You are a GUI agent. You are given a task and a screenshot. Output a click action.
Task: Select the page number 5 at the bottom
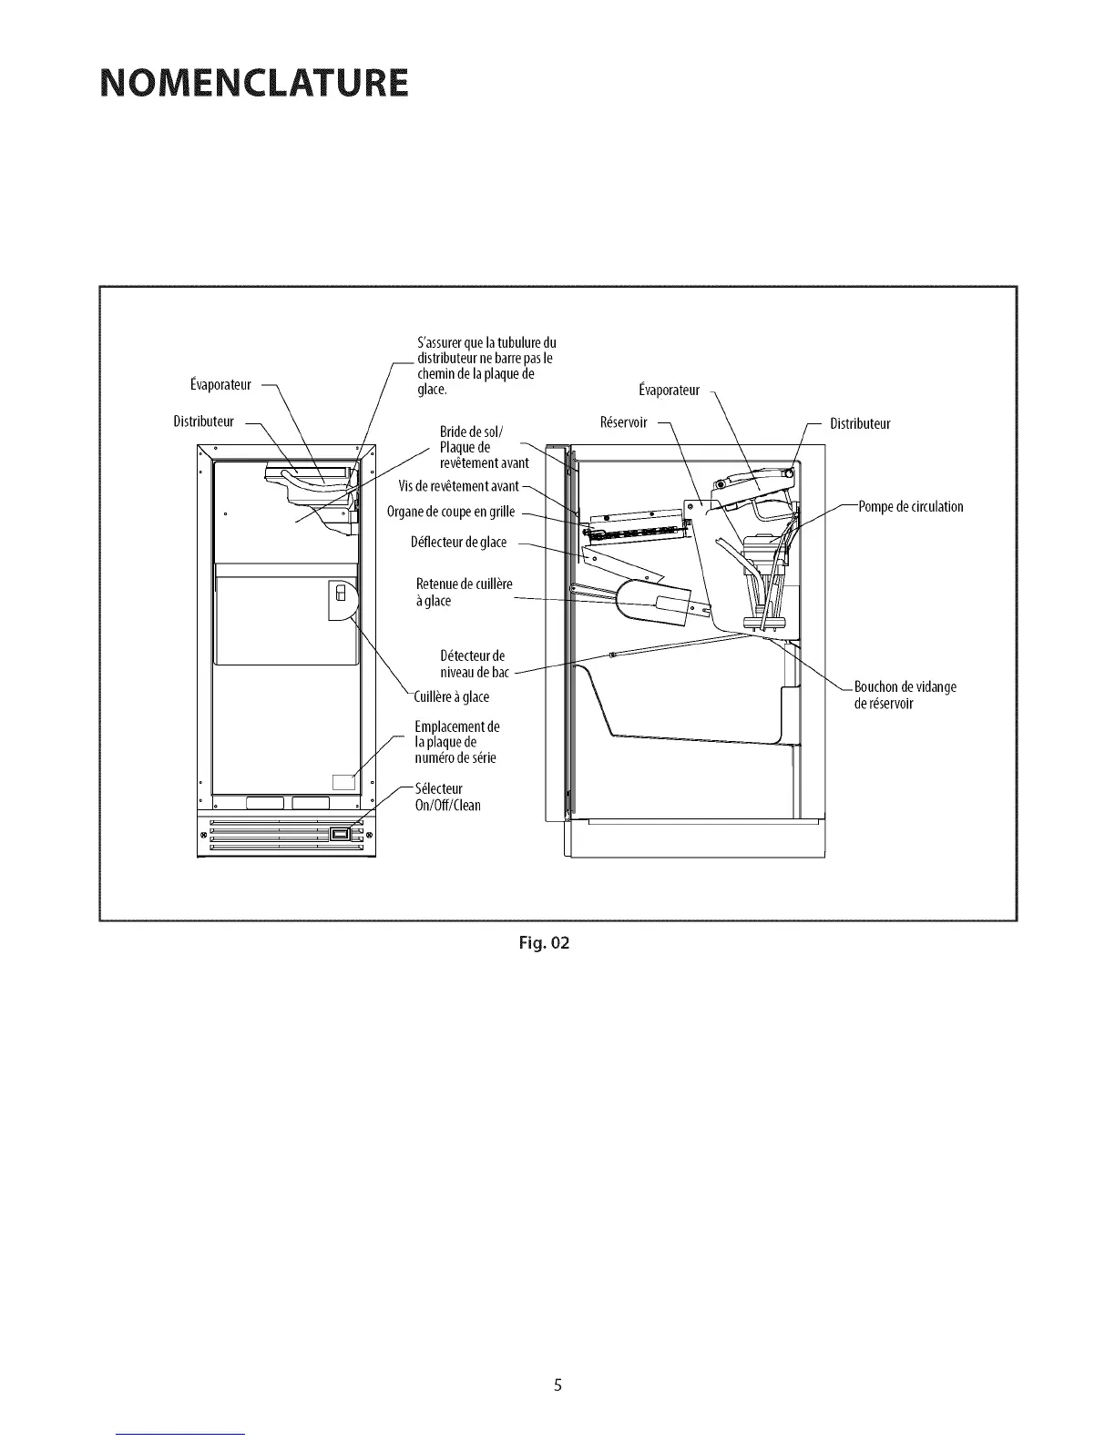(x=557, y=1386)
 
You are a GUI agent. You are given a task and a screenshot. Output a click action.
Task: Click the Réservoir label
(x=623, y=422)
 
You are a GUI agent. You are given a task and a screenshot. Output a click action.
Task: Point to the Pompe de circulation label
(x=911, y=506)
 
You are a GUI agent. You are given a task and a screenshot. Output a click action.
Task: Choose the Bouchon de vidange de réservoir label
(x=905, y=695)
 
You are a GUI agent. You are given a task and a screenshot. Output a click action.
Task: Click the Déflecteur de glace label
(x=458, y=543)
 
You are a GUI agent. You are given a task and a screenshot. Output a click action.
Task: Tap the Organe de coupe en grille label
(x=451, y=512)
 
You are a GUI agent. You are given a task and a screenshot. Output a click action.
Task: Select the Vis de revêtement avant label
(x=458, y=487)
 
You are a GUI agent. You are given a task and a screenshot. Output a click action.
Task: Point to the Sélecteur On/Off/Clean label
(x=447, y=797)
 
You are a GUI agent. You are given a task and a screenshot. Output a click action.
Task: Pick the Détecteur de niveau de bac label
(x=473, y=664)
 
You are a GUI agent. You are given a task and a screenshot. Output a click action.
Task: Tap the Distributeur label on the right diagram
(x=860, y=423)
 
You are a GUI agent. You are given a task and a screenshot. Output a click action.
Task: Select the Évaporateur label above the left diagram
(x=220, y=385)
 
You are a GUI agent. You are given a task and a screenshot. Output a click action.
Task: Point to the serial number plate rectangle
(x=343, y=780)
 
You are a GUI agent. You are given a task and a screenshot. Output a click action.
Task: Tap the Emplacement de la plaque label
(x=456, y=742)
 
